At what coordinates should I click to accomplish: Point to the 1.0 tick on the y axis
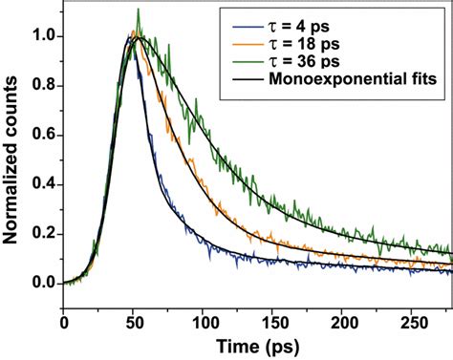coord(41,37)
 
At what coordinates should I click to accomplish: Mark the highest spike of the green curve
coord(139,11)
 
